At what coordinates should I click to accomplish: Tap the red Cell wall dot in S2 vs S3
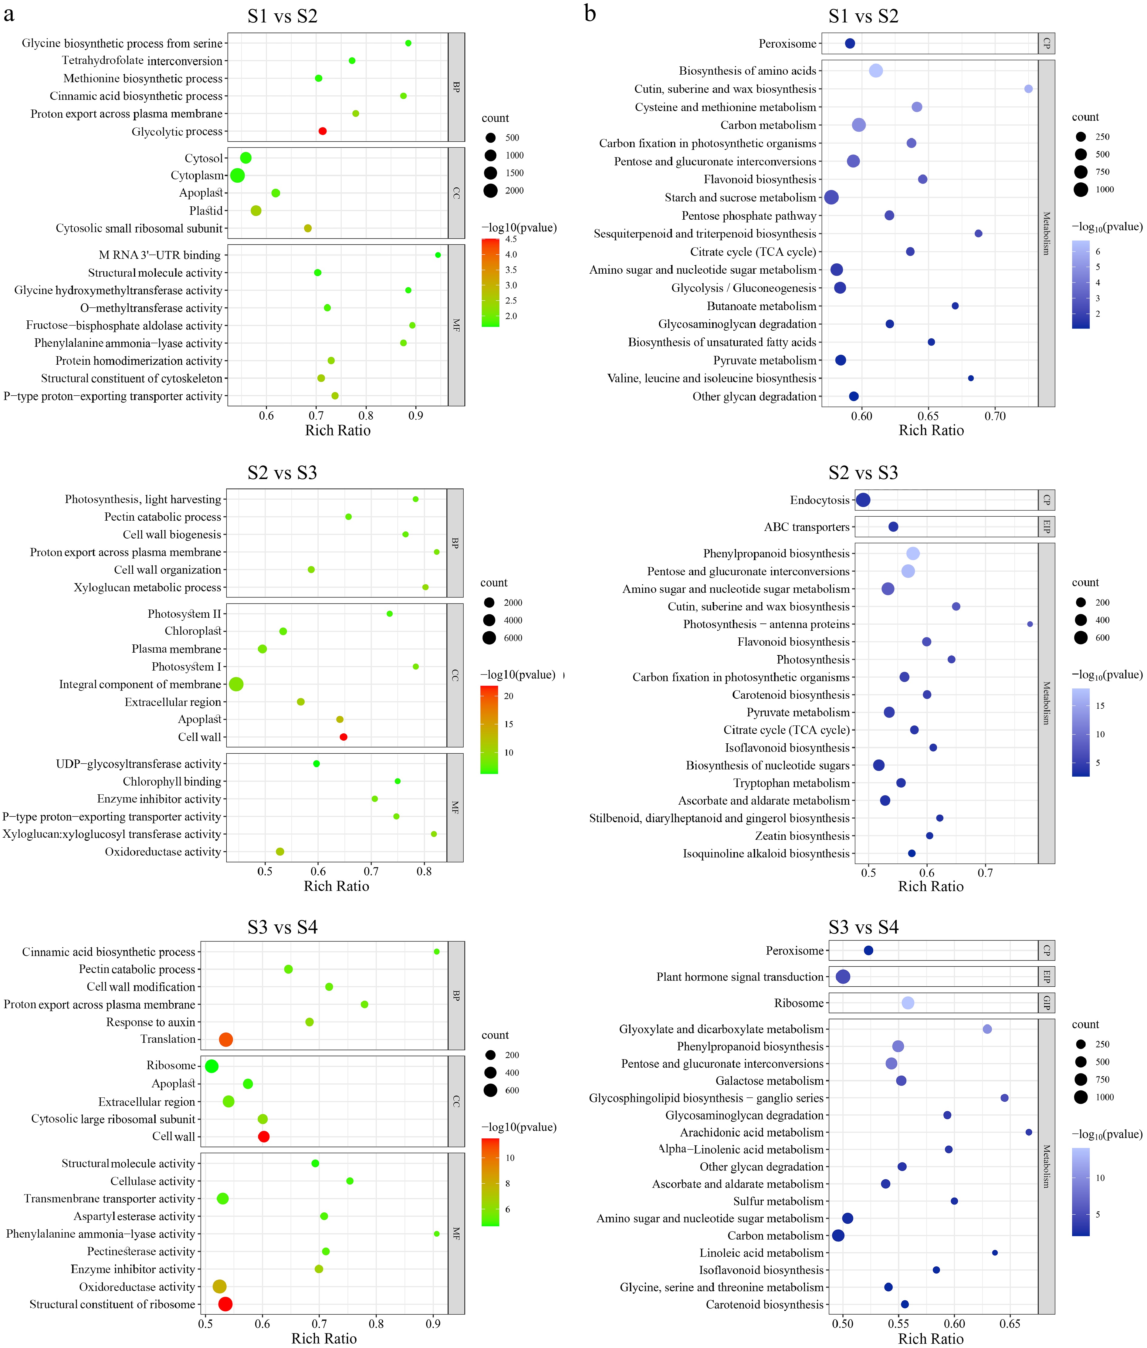click(343, 737)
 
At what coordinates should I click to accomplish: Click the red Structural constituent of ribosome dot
click(225, 1304)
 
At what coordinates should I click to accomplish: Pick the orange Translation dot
click(226, 1039)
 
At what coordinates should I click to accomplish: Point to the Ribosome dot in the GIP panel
click(908, 1003)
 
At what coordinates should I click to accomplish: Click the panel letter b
click(590, 13)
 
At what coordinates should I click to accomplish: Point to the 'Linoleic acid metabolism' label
click(761, 1252)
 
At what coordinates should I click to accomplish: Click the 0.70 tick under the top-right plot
click(995, 416)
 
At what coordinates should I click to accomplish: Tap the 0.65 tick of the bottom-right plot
click(1010, 1323)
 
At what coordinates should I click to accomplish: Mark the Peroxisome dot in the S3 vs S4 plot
click(868, 950)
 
